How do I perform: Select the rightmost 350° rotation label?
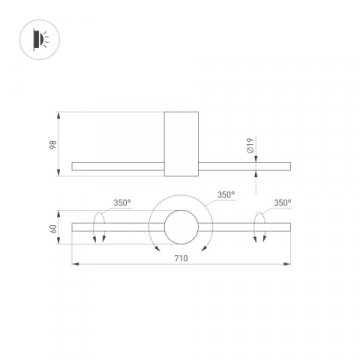click(x=281, y=202)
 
